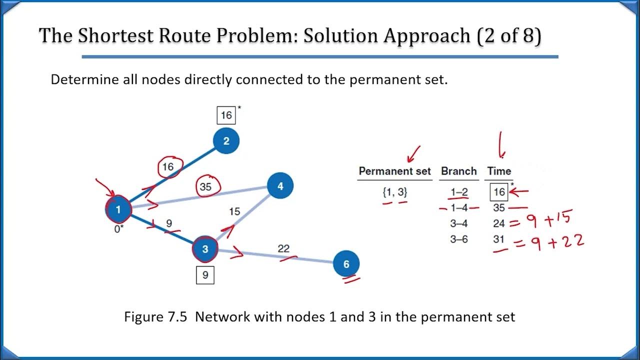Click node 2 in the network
pos(226,141)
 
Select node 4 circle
pos(280,186)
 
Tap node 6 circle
pos(346,263)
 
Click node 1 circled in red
pos(118,209)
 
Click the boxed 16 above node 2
pos(226,115)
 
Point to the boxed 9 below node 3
pos(205,274)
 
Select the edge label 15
pos(234,211)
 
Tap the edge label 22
pos(283,248)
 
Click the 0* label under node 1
pos(118,230)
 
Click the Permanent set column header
pos(394,171)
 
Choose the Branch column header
pos(458,171)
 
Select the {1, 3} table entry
pos(394,192)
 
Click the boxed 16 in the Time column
pos(499,191)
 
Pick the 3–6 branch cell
pos(458,239)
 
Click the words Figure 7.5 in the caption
pos(156,316)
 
